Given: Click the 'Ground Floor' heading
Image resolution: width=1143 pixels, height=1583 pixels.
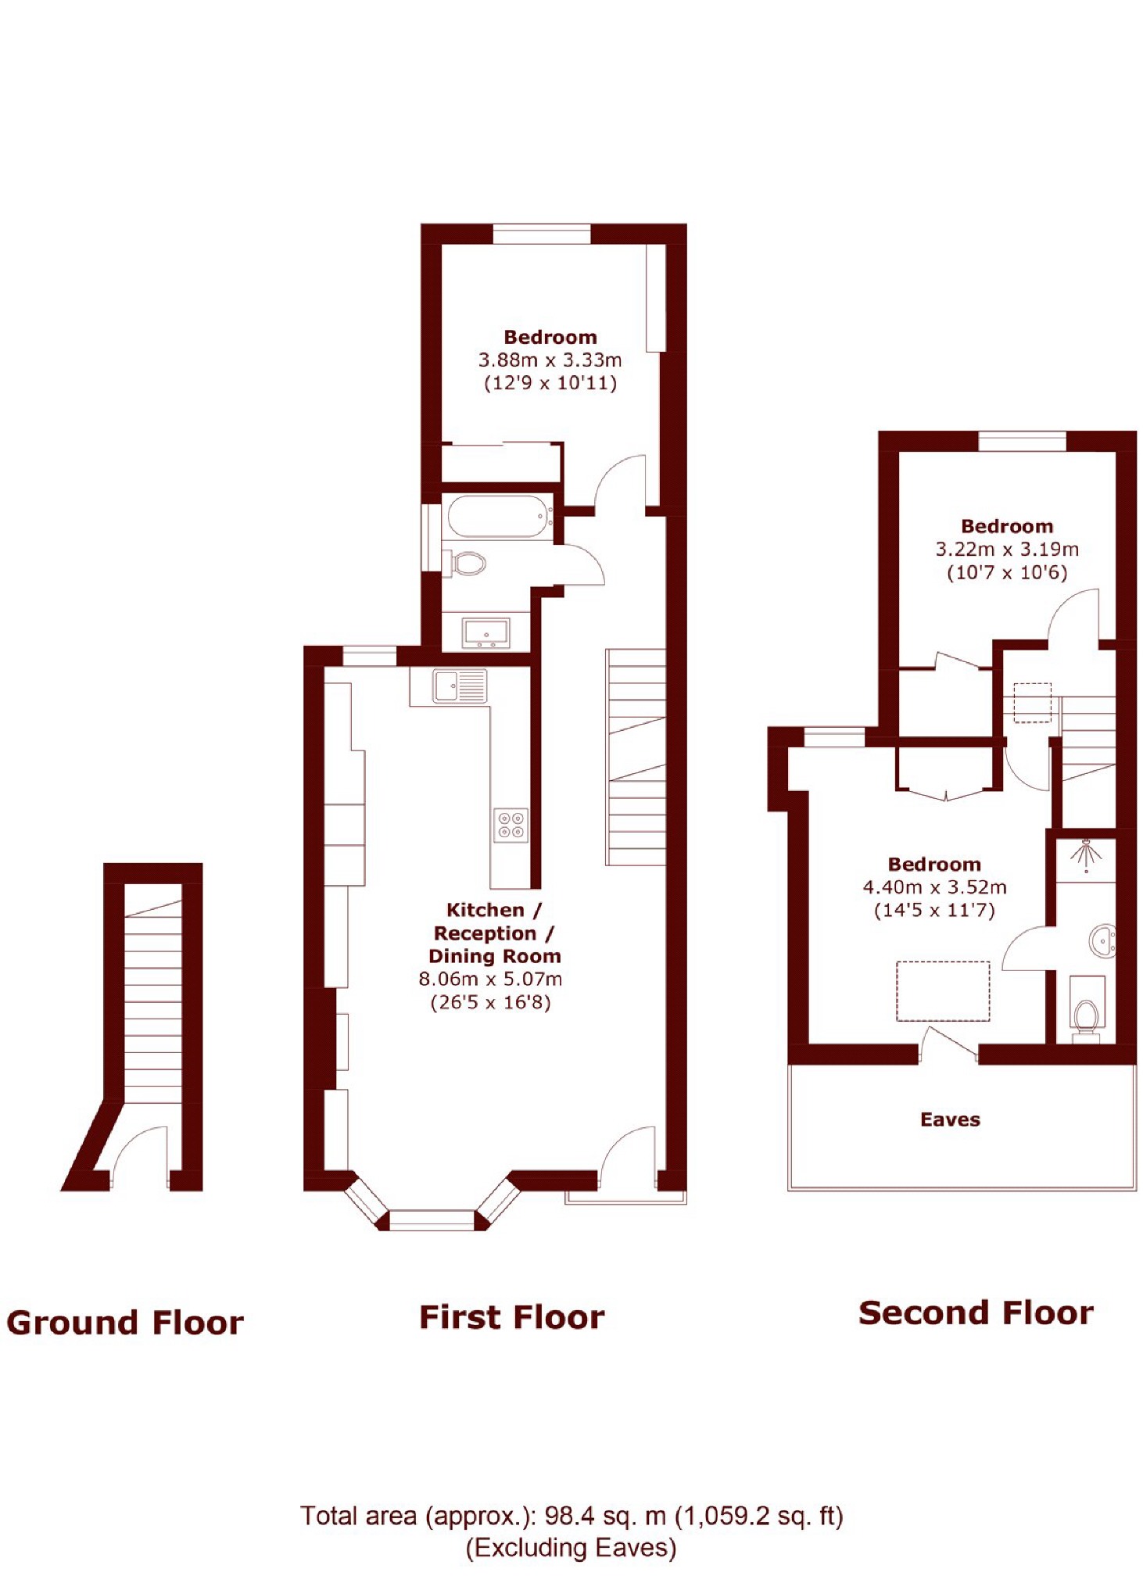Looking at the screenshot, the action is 125,1323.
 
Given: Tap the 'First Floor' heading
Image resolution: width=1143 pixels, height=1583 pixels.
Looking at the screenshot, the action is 512,1317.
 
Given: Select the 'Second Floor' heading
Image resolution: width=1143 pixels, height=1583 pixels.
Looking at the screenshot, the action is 976,1313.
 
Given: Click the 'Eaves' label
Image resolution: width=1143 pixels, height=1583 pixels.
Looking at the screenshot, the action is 950,1119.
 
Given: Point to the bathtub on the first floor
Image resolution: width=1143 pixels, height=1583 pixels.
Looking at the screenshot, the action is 499,517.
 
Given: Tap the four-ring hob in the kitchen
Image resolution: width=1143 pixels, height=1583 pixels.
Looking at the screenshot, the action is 511,825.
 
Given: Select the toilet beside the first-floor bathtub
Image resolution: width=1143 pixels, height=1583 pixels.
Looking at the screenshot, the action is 466,562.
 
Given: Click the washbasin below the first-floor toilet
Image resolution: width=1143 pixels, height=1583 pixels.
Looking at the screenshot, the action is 486,632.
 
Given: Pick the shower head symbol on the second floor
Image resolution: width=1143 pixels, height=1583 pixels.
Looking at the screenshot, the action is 1085,855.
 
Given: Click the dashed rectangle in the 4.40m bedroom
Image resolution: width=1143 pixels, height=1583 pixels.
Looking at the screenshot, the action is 943,991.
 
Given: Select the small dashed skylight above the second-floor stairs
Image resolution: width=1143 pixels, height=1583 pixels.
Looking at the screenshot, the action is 1033,702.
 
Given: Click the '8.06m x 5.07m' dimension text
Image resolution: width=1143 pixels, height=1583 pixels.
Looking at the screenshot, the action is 490,979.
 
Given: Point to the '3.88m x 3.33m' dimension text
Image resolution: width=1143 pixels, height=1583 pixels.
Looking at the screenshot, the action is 550,360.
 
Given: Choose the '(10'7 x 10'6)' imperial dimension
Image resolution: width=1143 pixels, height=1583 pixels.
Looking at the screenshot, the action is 1007,572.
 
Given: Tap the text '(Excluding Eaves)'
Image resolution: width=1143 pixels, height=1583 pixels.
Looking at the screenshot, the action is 571,1548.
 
